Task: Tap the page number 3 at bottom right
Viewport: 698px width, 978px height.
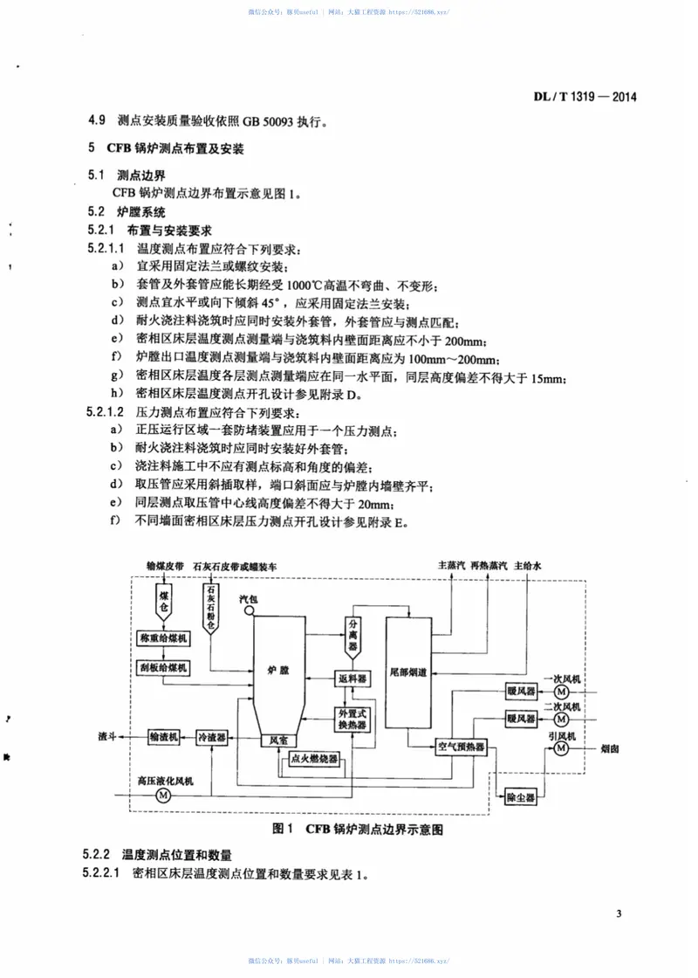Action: (619, 914)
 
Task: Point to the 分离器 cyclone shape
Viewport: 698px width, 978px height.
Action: (353, 630)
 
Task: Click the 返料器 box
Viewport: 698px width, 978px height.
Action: (353, 678)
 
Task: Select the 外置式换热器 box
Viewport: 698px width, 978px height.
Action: (353, 720)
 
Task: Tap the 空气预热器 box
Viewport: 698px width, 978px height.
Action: (460, 747)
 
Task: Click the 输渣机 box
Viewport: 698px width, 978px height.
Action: (163, 738)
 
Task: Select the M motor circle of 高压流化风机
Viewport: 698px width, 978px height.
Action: (163, 795)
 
